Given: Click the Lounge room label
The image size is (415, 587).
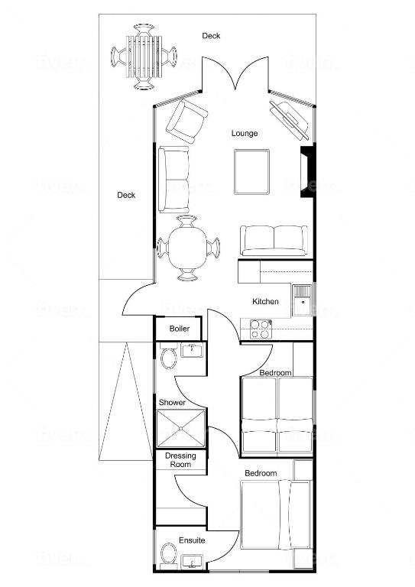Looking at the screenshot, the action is coord(245,133).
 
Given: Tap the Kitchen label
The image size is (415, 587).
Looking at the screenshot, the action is coord(265,301).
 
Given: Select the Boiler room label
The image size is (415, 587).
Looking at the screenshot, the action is coord(180,329).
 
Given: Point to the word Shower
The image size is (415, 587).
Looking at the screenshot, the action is coord(172,403).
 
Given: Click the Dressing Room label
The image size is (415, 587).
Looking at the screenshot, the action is coord(180,460).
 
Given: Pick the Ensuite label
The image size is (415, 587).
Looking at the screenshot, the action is coord(192,540).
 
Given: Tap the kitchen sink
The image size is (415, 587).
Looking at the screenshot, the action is coord(302,300).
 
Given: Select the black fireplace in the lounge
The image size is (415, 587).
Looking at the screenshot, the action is coord(307,171).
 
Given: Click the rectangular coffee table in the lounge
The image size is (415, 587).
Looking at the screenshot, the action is coord(252,172).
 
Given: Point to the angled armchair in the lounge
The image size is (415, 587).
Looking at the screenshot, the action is coord(186,122).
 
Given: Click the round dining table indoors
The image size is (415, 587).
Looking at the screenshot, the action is coord(187,248).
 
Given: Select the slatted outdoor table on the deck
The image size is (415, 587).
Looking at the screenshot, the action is coord(144,57).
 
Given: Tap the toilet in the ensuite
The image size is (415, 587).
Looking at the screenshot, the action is coord(169,554).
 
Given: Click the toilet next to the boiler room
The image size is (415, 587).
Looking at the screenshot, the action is coord(169,358).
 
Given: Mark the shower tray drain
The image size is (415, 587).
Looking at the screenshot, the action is coord(180,428).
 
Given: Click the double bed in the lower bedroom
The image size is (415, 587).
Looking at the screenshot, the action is coord(275,515).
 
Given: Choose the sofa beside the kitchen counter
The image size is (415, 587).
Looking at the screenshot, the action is coord(274,241).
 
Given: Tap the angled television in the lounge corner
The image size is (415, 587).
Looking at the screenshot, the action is coord(289,119).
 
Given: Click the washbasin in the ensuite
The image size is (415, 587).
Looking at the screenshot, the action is coord(192,561).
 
